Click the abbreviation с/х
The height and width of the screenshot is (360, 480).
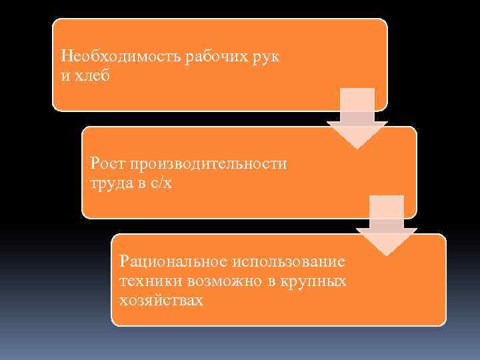pos(161,183)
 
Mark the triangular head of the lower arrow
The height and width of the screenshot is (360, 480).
pos(387,242)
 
